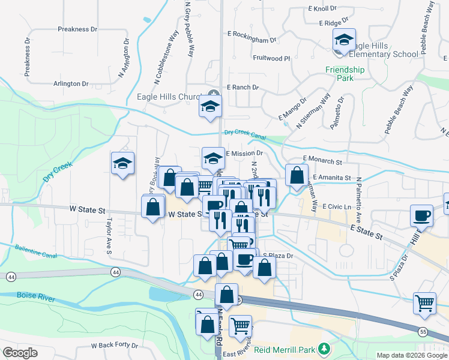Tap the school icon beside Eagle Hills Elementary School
click(344, 40)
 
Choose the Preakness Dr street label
click(77, 29)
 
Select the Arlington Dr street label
click(71, 84)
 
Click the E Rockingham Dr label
click(252, 38)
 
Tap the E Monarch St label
click(322, 161)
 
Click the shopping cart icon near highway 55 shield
click(424, 304)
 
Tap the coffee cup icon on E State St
click(421, 215)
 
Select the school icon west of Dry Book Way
click(122, 163)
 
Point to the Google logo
click(20, 353)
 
